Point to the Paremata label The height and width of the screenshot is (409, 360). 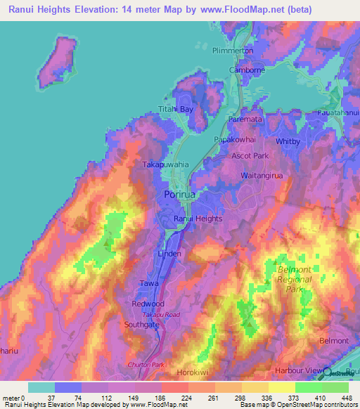tap(245, 121)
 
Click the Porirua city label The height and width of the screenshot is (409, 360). tap(179, 193)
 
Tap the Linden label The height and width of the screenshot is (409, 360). tap(169, 253)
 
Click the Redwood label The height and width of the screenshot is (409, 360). tap(148, 304)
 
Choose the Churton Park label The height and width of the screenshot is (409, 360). tap(144, 365)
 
